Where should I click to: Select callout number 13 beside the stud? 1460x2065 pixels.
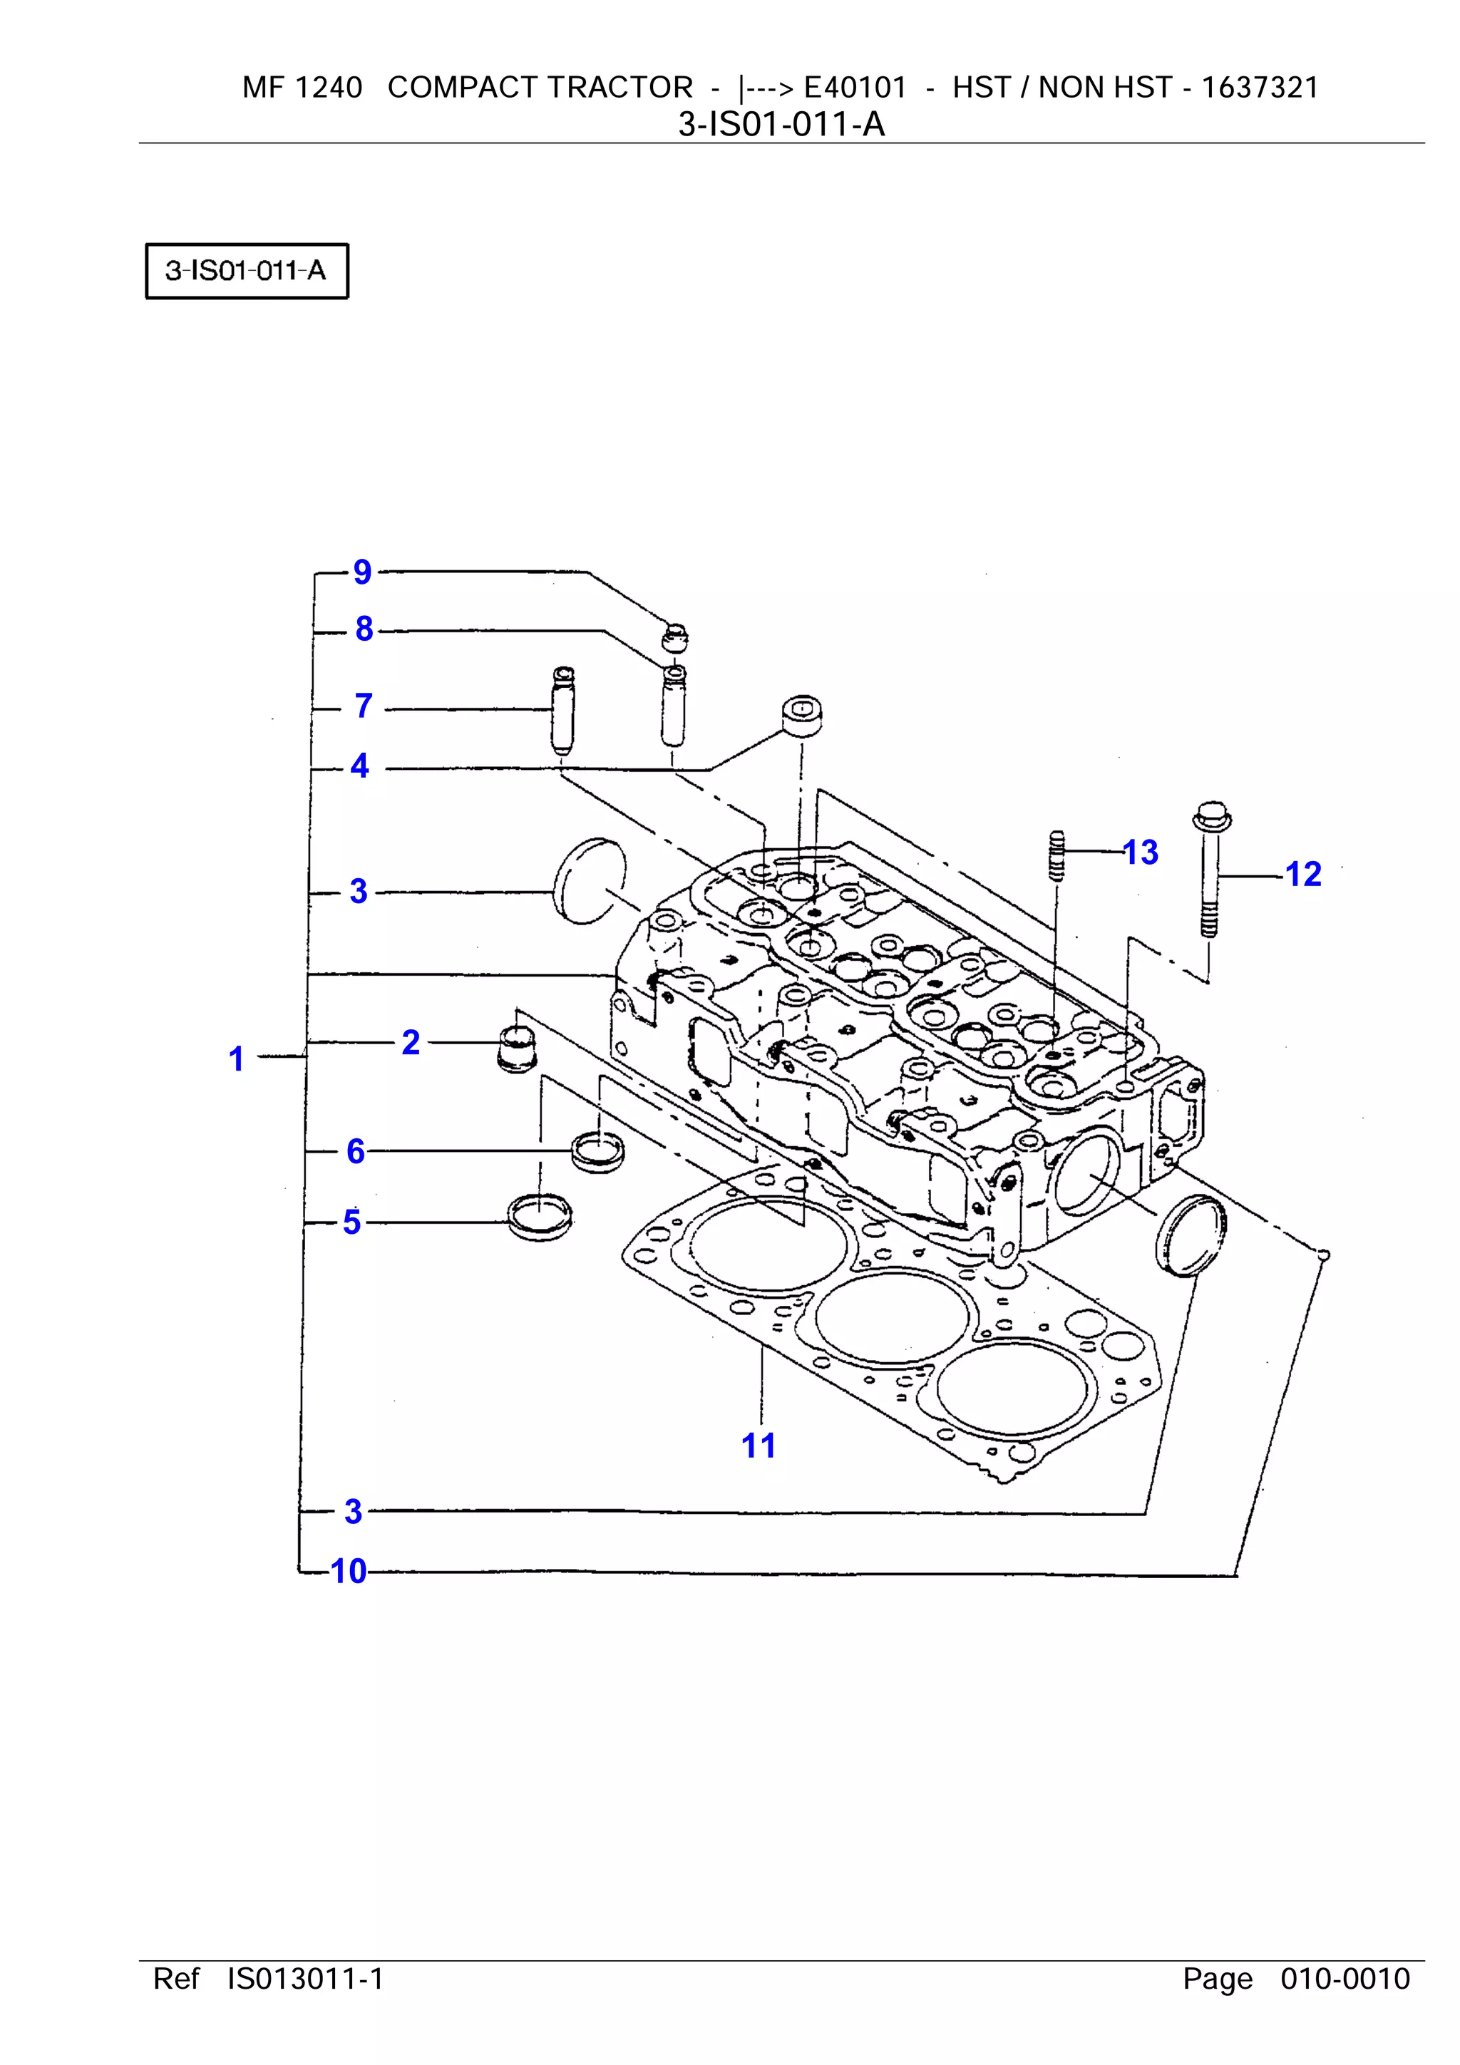(x=1141, y=853)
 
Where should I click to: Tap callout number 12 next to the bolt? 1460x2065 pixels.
(x=1302, y=874)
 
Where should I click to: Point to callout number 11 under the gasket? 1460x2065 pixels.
(x=759, y=1446)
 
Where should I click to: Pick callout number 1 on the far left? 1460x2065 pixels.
(x=237, y=1059)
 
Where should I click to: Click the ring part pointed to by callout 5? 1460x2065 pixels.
(x=540, y=1217)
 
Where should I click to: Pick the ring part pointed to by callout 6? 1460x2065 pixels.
(x=598, y=1150)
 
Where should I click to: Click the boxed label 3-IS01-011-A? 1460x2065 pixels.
(x=247, y=271)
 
